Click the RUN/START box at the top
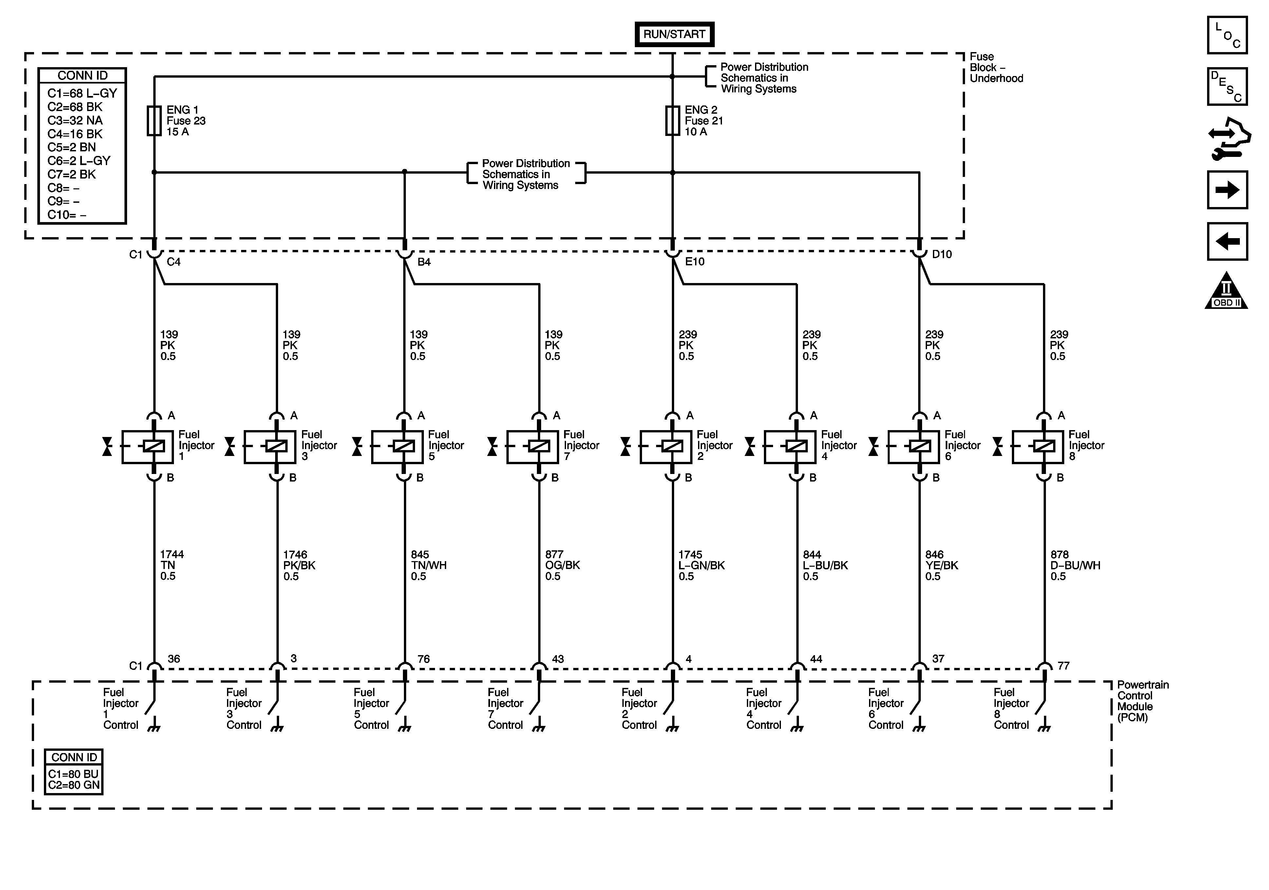click(674, 34)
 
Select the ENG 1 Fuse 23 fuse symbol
click(154, 121)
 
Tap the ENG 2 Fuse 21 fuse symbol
click(672, 121)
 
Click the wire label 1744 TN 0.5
click(171, 565)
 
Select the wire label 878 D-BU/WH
click(1074, 565)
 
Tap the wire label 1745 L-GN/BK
click(701, 565)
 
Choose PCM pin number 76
click(423, 659)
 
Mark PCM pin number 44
click(816, 659)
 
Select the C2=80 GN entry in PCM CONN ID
click(73, 785)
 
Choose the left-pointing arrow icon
click(1227, 241)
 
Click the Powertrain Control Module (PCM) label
click(1142, 701)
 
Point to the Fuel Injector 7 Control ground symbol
click(538, 729)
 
